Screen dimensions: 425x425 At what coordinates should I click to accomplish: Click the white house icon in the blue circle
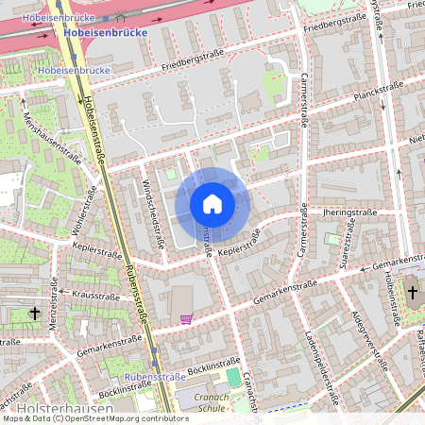pyautogui.click(x=212, y=203)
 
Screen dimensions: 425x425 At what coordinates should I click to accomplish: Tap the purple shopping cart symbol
pyautogui.click(x=186, y=319)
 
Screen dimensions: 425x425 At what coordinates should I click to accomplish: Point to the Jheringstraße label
pyautogui.click(x=348, y=213)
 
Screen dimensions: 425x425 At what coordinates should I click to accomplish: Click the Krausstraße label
pyautogui.click(x=93, y=296)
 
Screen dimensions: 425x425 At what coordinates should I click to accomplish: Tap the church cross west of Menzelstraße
pyautogui.click(x=35, y=312)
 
